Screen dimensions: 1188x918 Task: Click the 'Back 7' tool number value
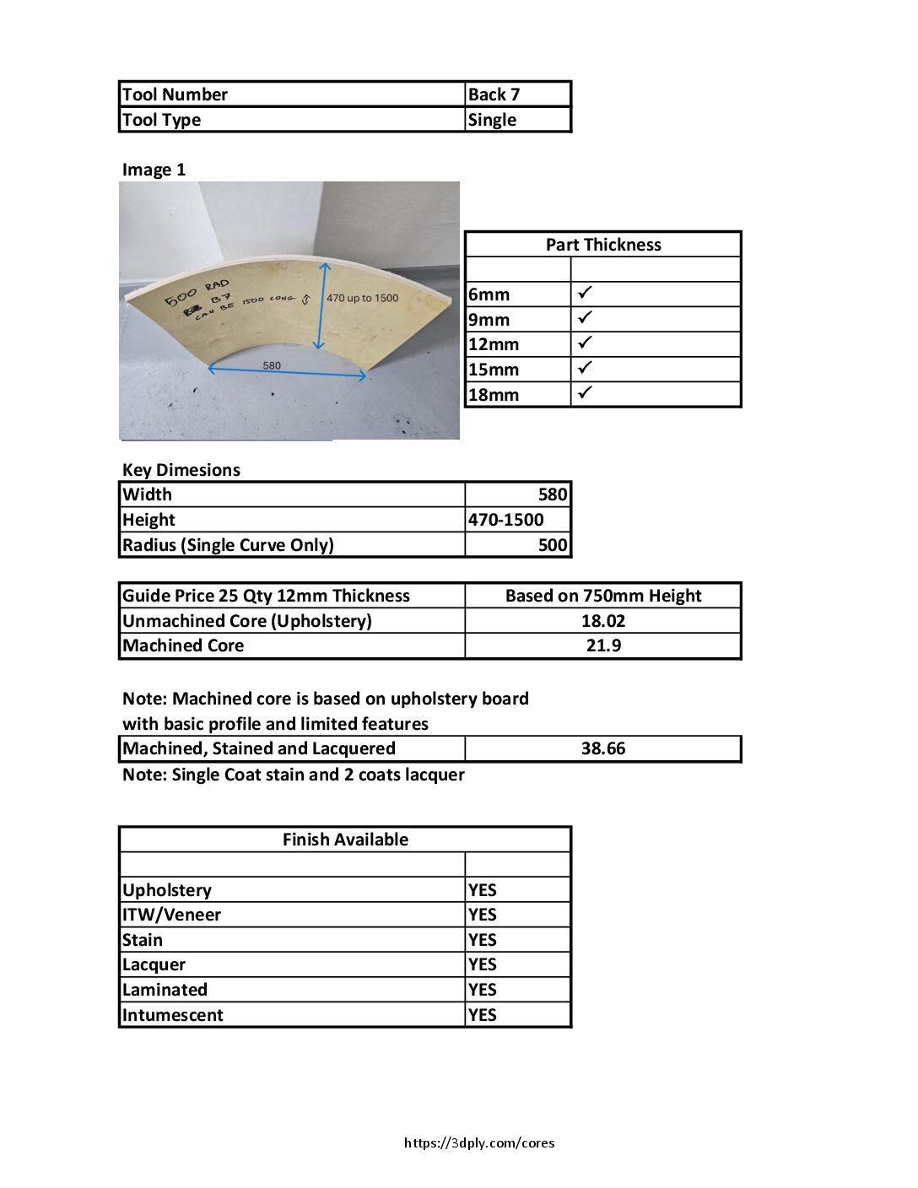(x=494, y=94)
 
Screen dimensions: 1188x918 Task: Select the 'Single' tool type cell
(x=492, y=120)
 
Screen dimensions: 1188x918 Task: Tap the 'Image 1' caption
(x=154, y=170)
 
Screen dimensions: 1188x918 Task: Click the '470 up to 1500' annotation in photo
(x=362, y=298)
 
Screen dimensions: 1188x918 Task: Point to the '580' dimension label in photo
(x=272, y=365)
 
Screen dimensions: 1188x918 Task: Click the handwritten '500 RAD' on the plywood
(x=196, y=292)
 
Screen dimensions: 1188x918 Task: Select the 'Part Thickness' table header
(x=602, y=245)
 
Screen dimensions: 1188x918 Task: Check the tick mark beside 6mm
(x=586, y=293)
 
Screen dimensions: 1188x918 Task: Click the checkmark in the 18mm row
(x=586, y=392)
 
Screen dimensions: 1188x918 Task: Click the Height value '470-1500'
(x=506, y=520)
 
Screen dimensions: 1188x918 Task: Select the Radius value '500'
(x=553, y=545)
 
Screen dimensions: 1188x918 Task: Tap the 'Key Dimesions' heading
(x=181, y=470)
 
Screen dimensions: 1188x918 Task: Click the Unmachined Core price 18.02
(x=602, y=621)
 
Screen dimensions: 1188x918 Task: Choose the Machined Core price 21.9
(x=602, y=645)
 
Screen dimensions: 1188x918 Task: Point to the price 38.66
(x=602, y=748)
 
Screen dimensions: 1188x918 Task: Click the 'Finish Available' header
(x=345, y=840)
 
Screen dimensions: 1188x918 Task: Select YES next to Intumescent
(x=483, y=1015)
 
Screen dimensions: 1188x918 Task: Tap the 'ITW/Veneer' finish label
(x=171, y=915)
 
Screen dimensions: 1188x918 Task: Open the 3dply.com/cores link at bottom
(x=479, y=1143)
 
